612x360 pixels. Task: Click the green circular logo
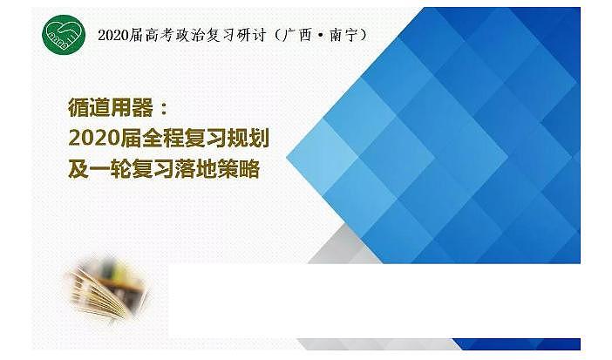point(64,36)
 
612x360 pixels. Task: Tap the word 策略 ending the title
point(241,169)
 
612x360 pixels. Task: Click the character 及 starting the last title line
point(78,169)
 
